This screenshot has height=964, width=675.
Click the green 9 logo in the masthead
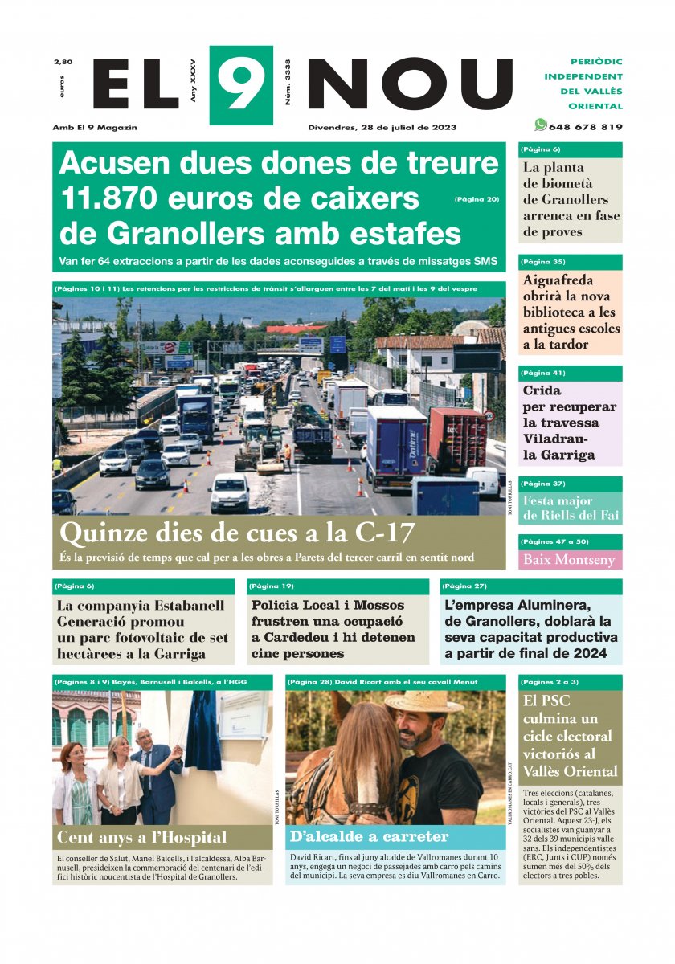(x=241, y=84)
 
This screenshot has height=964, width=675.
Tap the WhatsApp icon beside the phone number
(x=541, y=125)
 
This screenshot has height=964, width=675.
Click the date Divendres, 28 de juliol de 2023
(x=382, y=127)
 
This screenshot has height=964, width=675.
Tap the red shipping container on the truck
(x=456, y=437)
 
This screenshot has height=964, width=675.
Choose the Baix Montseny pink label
(x=569, y=560)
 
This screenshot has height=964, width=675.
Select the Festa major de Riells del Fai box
(x=570, y=508)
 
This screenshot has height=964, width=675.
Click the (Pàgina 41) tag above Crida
(x=543, y=373)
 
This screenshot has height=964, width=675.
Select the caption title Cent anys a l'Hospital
(x=141, y=838)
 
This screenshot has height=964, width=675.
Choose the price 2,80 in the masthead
(x=63, y=62)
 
